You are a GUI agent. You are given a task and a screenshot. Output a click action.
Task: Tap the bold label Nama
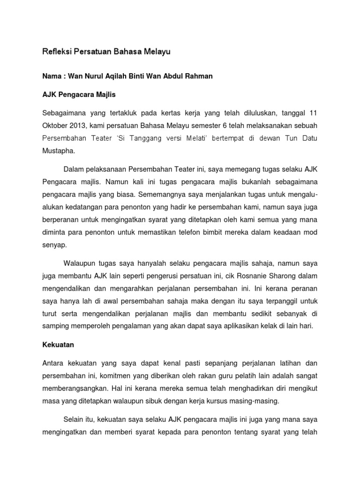coord(52,76)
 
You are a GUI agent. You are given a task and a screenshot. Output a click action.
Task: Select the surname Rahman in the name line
coord(199,76)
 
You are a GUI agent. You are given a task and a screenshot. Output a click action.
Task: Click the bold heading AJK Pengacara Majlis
coord(79,94)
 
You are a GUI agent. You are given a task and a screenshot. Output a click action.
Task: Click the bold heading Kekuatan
coord(58,344)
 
